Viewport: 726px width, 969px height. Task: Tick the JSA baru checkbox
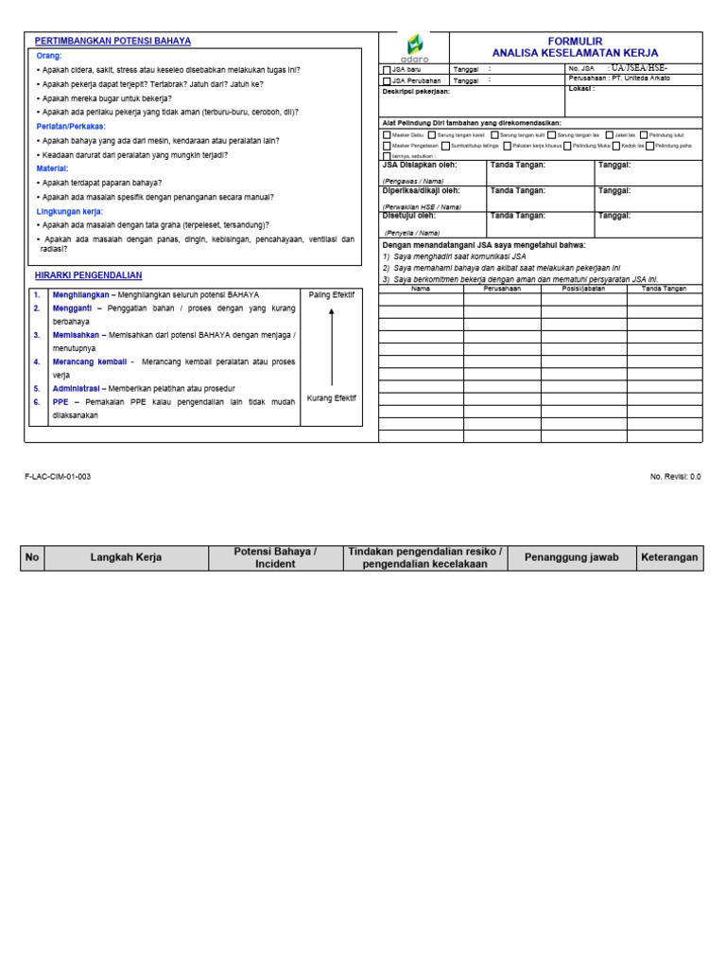click(x=386, y=69)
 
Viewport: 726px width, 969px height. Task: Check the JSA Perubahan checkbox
click(x=386, y=81)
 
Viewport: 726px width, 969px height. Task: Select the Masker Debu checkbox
click(x=386, y=135)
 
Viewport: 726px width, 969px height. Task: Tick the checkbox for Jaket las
click(x=609, y=135)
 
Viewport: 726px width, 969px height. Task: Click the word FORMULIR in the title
click(x=575, y=42)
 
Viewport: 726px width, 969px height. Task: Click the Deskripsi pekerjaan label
click(x=416, y=92)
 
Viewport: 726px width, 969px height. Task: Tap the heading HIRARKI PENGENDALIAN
click(x=88, y=275)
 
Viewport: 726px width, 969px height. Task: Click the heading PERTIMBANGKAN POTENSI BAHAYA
click(x=112, y=42)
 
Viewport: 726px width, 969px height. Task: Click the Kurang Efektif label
click(x=331, y=398)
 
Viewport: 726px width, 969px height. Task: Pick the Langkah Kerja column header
click(x=126, y=558)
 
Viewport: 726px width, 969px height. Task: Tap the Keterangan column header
click(x=669, y=557)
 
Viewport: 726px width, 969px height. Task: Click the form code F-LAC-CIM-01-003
click(x=58, y=477)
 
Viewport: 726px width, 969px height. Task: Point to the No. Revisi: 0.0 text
click(x=675, y=477)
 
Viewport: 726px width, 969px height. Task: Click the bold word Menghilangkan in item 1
click(x=80, y=295)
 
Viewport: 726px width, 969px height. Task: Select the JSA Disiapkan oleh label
click(x=420, y=166)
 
